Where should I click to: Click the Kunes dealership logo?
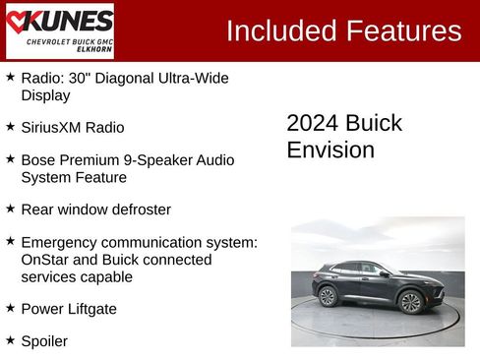tap(59, 30)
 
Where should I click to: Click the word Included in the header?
tap(281, 30)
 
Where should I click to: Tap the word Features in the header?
tap(402, 30)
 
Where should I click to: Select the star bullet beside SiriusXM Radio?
tap(10, 126)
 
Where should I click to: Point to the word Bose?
tap(38, 158)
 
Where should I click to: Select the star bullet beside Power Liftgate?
tap(10, 307)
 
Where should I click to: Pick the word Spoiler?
tap(44, 340)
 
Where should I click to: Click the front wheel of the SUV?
tap(411, 302)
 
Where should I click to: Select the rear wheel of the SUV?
tap(328, 296)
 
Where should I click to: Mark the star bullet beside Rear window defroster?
tap(10, 209)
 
